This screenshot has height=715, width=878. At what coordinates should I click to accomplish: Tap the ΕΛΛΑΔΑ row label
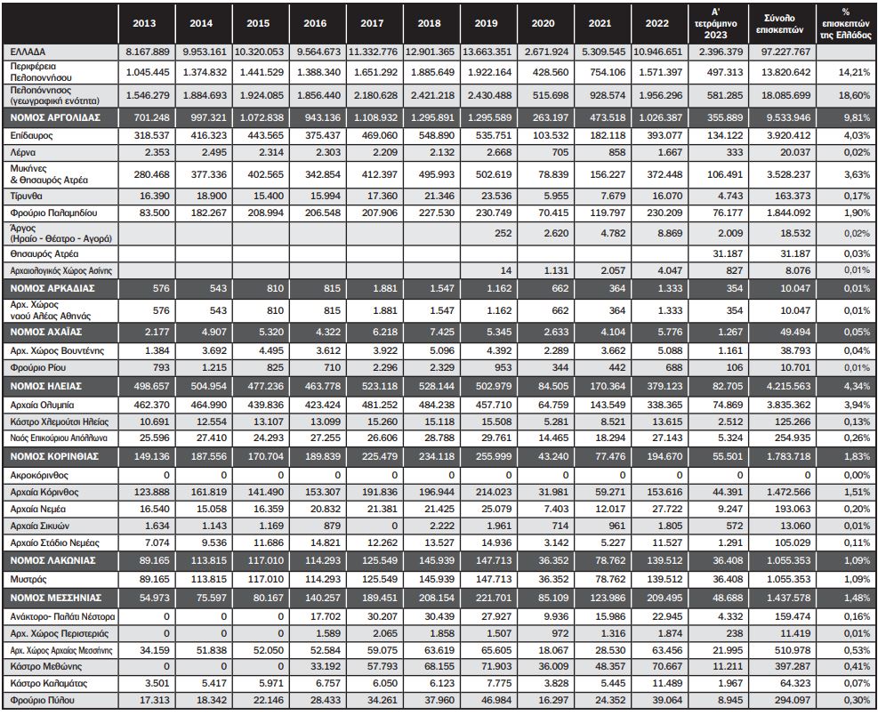tap(27, 51)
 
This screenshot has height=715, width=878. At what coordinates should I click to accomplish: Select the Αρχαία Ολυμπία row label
tap(42, 405)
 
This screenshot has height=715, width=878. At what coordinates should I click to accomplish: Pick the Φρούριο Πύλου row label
tap(40, 701)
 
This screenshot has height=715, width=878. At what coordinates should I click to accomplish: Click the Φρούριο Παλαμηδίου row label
tap(50, 213)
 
